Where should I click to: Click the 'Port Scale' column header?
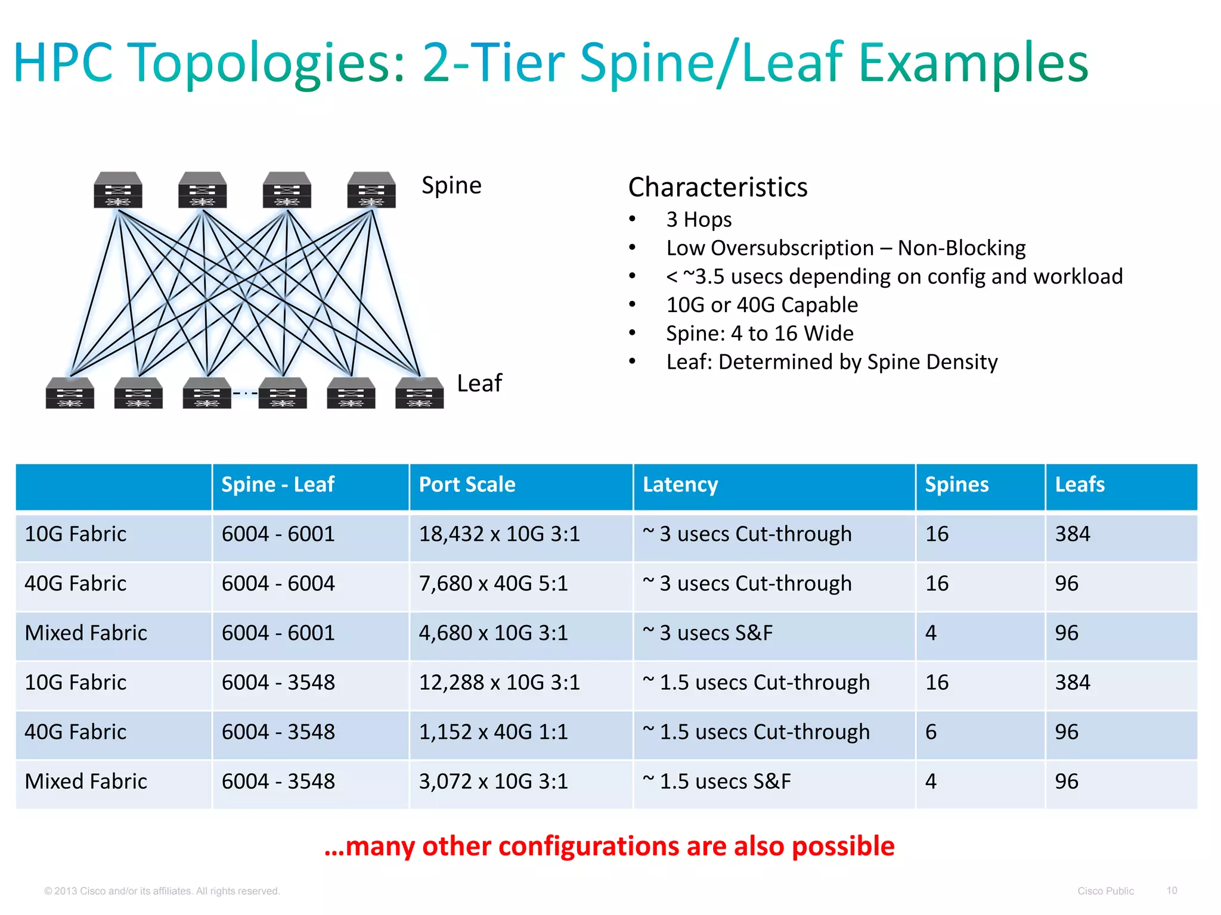click(x=467, y=485)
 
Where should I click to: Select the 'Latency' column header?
click(x=680, y=485)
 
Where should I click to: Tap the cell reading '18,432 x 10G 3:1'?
click(x=499, y=534)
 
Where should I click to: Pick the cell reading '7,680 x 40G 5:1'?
click(x=493, y=584)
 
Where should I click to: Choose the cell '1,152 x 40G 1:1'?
click(x=493, y=732)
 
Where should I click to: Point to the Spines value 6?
click(x=931, y=732)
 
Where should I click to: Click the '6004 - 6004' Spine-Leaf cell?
click(x=278, y=584)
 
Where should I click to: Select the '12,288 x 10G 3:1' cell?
click(x=499, y=683)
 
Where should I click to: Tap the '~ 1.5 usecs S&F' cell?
click(x=716, y=782)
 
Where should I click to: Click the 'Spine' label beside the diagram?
click(x=451, y=185)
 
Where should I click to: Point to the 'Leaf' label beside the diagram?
click(x=479, y=383)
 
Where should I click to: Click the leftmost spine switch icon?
click(x=118, y=190)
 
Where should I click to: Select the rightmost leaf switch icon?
click(x=419, y=393)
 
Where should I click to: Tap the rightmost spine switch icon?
click(x=371, y=190)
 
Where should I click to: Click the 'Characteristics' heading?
click(x=718, y=187)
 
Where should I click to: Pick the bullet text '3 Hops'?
click(x=699, y=220)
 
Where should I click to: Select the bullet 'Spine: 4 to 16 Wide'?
click(x=760, y=334)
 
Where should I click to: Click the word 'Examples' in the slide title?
click(x=973, y=63)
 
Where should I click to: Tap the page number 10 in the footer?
click(x=1172, y=891)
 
